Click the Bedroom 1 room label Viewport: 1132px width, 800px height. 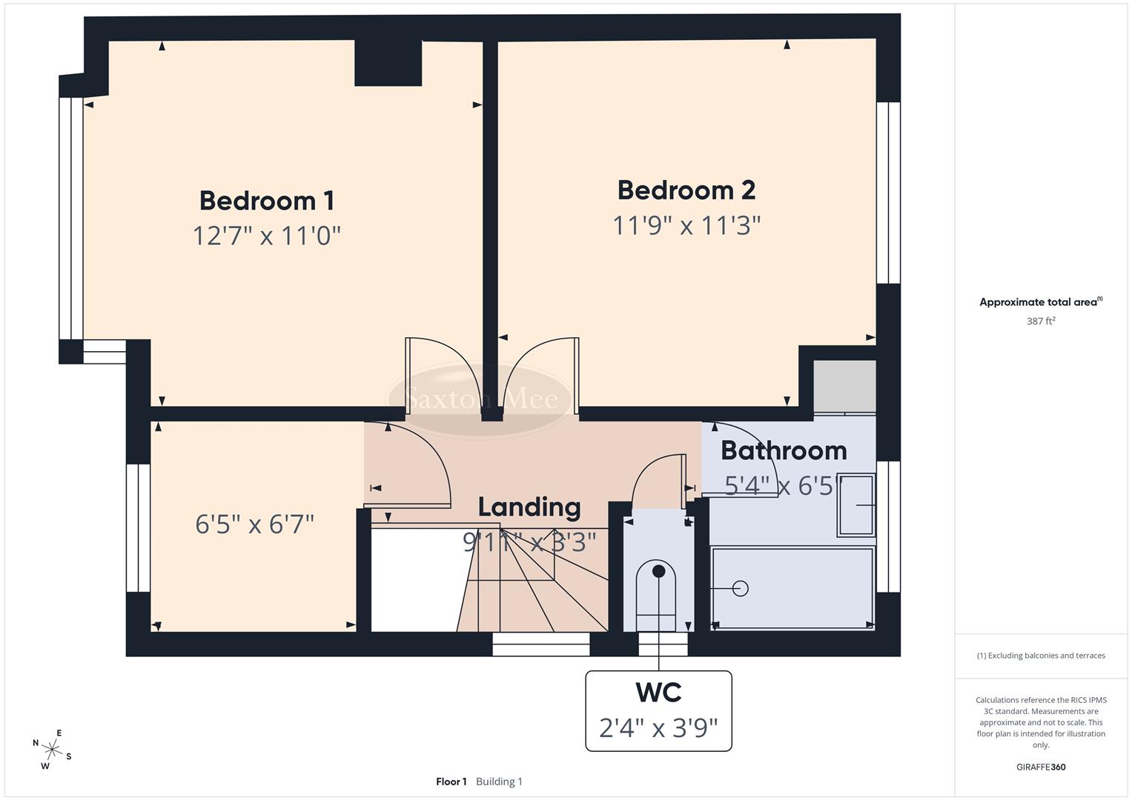[x=267, y=201]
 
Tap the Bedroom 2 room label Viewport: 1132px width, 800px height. [x=686, y=190]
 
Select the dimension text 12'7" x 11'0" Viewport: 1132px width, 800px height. [x=267, y=236]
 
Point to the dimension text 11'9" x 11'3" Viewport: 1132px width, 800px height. [x=686, y=225]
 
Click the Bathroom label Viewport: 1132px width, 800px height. [x=784, y=450]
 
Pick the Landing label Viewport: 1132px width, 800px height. [x=529, y=507]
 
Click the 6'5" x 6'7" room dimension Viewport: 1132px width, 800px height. [x=255, y=524]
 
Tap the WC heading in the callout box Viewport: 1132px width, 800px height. [x=658, y=693]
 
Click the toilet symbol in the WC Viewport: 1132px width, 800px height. [x=658, y=593]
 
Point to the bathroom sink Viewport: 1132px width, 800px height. [x=856, y=505]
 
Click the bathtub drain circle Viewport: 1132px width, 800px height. [x=740, y=588]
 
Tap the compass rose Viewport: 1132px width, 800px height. [x=53, y=749]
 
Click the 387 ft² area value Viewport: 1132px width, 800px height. [x=1041, y=321]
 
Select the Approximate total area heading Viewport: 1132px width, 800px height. [x=1041, y=302]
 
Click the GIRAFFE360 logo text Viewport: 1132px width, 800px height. [x=1041, y=767]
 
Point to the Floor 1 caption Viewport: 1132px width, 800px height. [x=451, y=781]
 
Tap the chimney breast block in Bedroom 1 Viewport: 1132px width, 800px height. [x=388, y=63]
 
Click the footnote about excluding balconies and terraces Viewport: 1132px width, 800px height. [x=1041, y=656]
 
